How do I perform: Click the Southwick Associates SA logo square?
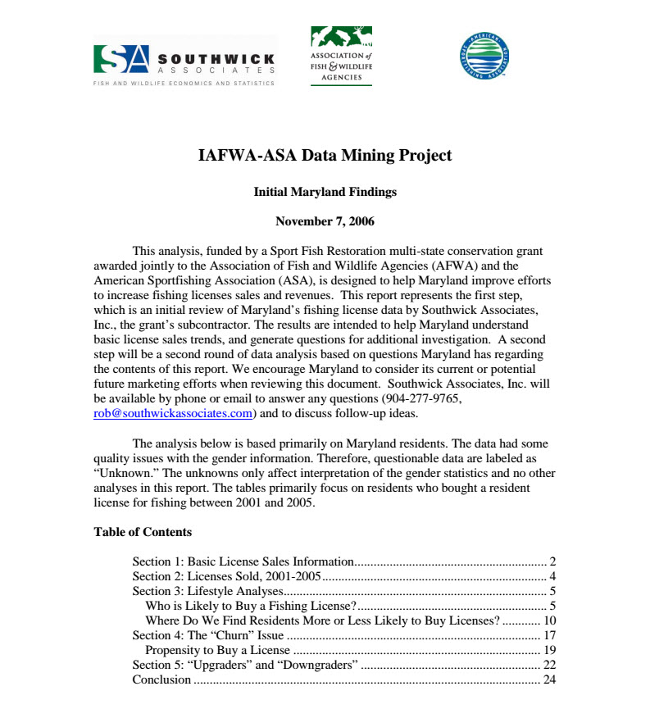pyautogui.click(x=121, y=58)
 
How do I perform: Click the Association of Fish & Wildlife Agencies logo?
pyautogui.click(x=341, y=56)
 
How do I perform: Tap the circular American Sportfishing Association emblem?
pyautogui.click(x=484, y=55)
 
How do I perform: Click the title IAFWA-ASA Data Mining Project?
pyautogui.click(x=325, y=155)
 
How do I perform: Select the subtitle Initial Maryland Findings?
pyautogui.click(x=325, y=192)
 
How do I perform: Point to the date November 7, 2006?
pyautogui.click(x=325, y=221)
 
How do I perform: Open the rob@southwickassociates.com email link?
pyautogui.click(x=173, y=414)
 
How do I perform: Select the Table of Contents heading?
pyautogui.click(x=143, y=532)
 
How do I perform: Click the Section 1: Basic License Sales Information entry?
pyautogui.click(x=243, y=561)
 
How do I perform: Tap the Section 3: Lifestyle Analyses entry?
pyautogui.click(x=208, y=591)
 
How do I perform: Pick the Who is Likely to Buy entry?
pyautogui.click(x=249, y=606)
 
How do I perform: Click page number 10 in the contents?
pyautogui.click(x=550, y=620)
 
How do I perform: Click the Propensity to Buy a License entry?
pyautogui.click(x=217, y=650)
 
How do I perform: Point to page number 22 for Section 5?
pyautogui.click(x=550, y=665)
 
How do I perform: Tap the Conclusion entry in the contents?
pyautogui.click(x=161, y=679)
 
